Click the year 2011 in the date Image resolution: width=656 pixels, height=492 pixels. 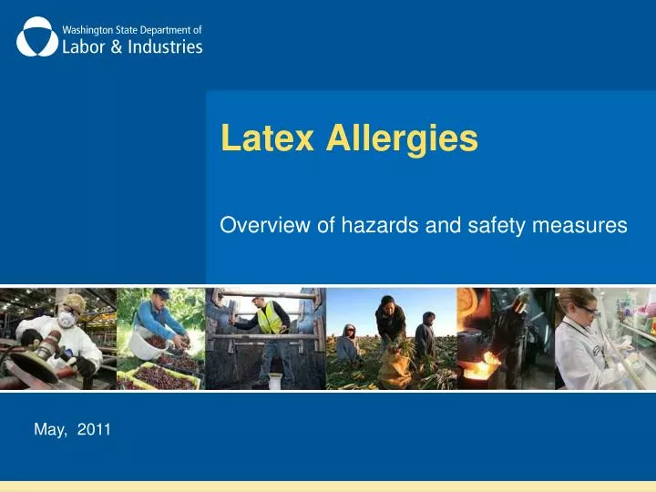(x=92, y=430)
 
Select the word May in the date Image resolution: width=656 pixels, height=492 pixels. (x=48, y=430)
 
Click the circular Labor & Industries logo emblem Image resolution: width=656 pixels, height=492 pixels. (x=36, y=37)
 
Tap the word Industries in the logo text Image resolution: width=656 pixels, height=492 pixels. (x=160, y=46)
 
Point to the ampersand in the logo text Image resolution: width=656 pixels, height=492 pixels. (x=108, y=46)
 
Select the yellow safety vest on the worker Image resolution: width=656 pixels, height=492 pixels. (x=269, y=318)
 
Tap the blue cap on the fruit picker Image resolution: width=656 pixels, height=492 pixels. (x=160, y=293)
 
